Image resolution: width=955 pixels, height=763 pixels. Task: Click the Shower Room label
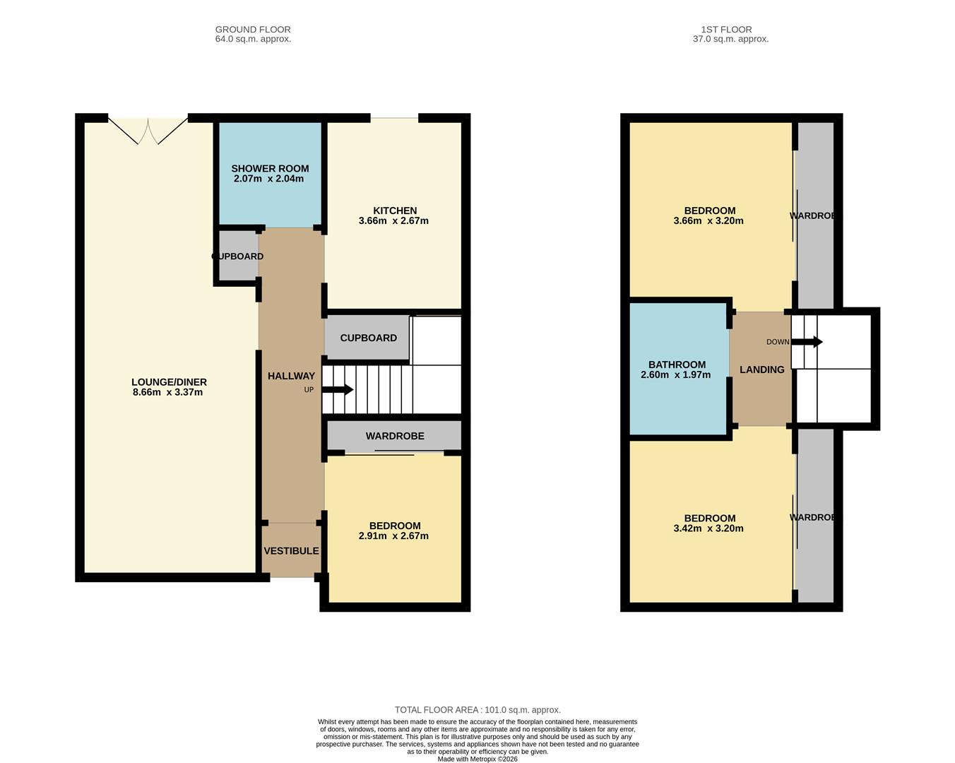(x=270, y=168)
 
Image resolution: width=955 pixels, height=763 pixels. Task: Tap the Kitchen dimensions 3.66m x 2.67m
(x=393, y=220)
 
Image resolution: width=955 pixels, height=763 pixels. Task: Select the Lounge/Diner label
(x=169, y=382)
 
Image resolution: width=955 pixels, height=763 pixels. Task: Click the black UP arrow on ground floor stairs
(x=338, y=389)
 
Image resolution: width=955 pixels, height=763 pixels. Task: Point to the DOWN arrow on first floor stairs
(x=807, y=342)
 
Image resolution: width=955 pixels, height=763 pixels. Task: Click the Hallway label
(x=291, y=377)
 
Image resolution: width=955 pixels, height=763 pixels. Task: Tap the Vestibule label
(x=291, y=551)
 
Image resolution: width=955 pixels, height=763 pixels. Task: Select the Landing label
(x=761, y=369)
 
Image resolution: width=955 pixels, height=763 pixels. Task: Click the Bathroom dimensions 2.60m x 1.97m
(x=675, y=375)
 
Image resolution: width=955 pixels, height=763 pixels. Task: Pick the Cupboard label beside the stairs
(x=368, y=338)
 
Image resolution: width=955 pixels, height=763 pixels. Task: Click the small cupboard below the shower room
(x=238, y=256)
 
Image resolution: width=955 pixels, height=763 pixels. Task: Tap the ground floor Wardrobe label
(x=395, y=436)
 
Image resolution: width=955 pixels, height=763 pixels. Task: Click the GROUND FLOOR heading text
(x=253, y=30)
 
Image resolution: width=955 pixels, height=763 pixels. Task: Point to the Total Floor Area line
(x=477, y=710)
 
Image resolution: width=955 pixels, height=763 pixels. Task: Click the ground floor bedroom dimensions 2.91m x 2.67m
(x=393, y=536)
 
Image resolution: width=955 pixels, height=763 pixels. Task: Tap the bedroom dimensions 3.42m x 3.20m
(x=708, y=528)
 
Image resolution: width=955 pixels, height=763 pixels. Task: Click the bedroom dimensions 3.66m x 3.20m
(x=708, y=220)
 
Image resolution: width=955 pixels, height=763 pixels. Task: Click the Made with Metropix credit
(x=477, y=759)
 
